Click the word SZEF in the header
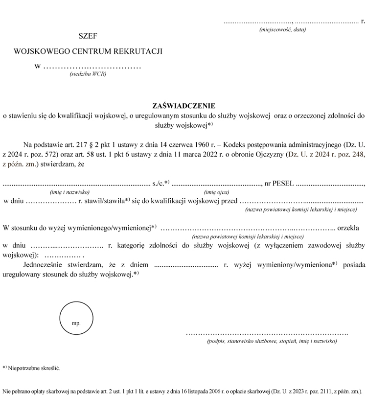pyautogui.click(x=88, y=36)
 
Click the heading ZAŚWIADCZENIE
pyautogui.click(x=183, y=105)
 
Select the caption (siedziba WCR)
pyautogui.click(x=88, y=74)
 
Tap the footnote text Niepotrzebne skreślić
pyautogui.click(x=34, y=367)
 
